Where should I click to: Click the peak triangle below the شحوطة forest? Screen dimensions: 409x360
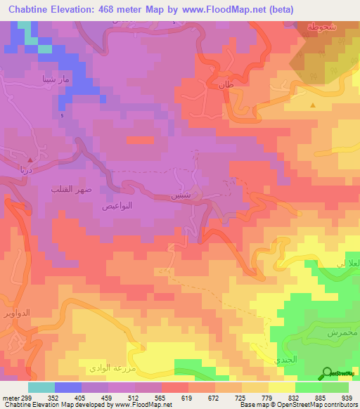(x=313, y=105)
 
